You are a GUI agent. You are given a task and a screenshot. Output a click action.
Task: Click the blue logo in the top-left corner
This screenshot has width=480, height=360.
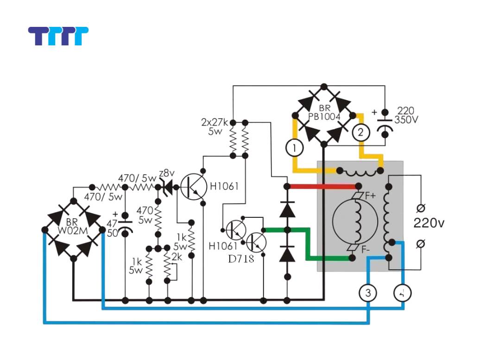58,36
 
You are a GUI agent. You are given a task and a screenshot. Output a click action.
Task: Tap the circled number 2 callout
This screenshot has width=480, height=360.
360,133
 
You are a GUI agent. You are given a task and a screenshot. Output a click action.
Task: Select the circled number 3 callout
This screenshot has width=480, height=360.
368,293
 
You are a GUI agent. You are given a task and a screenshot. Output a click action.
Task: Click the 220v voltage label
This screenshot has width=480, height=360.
429,223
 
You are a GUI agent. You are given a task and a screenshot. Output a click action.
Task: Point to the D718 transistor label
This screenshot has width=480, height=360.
241,259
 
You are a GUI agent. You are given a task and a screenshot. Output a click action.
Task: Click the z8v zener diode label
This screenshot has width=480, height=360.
166,172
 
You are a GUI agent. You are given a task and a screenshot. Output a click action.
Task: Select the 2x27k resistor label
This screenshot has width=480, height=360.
215,123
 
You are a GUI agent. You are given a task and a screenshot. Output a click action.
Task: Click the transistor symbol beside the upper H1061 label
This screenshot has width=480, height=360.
193,186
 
